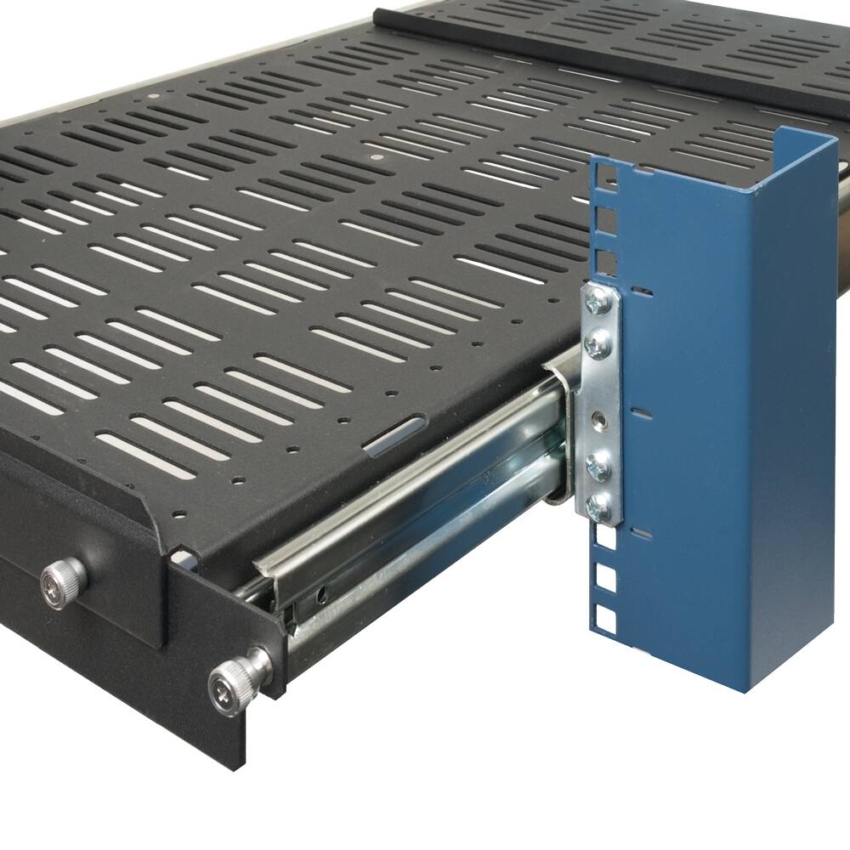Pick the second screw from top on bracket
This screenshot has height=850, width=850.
[x=598, y=343]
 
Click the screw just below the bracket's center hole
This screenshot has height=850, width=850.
[x=600, y=464]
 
